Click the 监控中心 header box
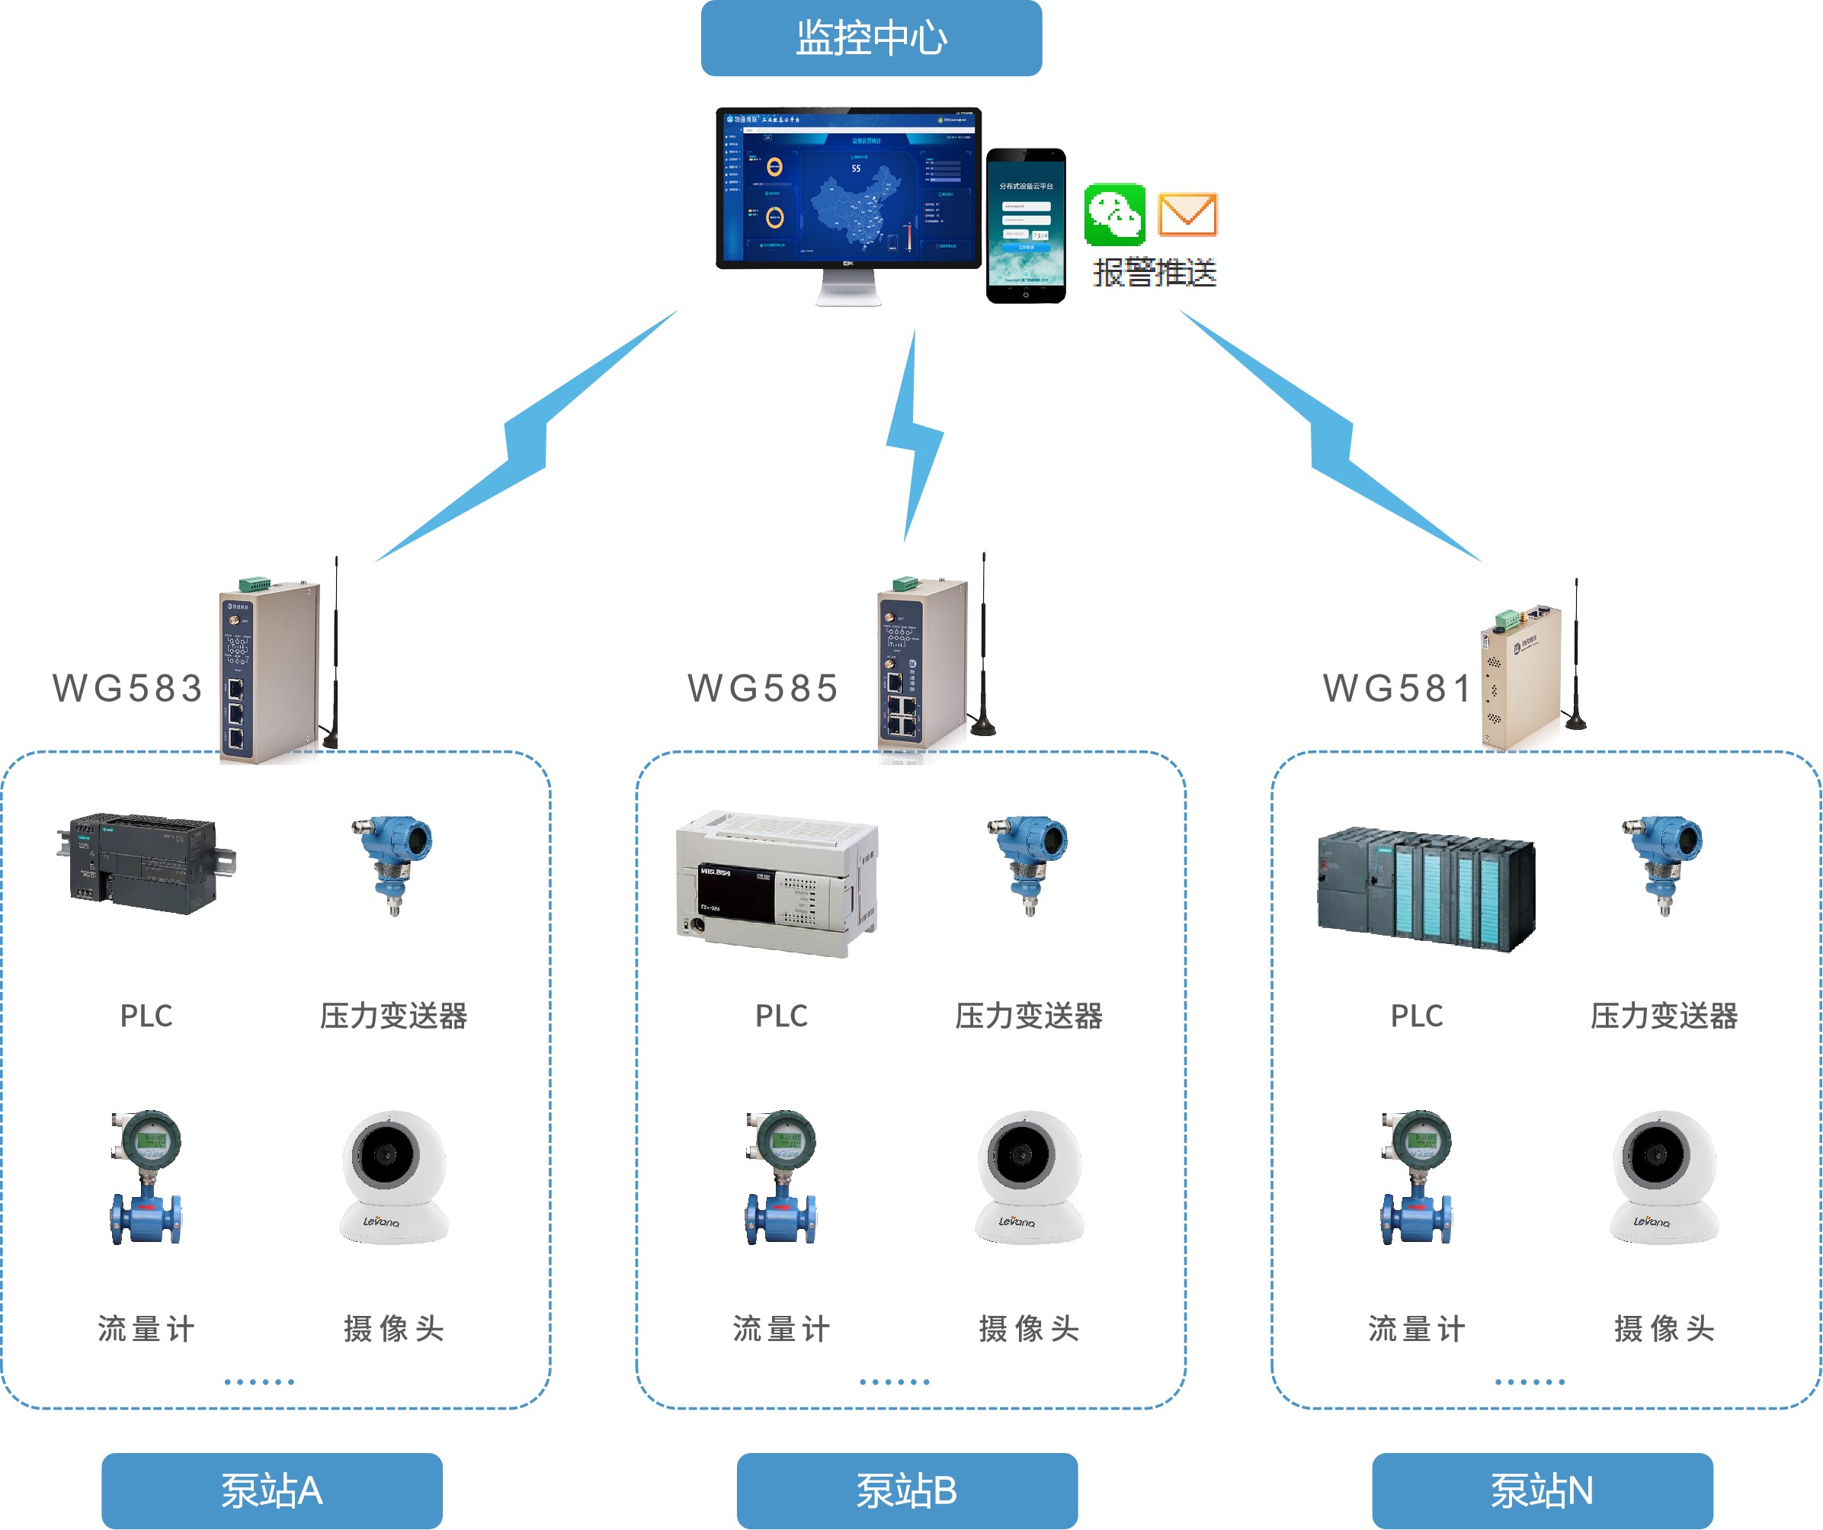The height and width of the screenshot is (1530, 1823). pyautogui.click(x=870, y=38)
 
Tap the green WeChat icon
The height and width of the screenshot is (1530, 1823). pyautogui.click(x=1115, y=214)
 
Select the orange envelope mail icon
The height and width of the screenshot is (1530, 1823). pyautogui.click(x=1187, y=214)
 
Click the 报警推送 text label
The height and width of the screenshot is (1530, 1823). pyautogui.click(x=1155, y=273)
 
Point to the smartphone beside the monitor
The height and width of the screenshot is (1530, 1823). pyautogui.click(x=1025, y=226)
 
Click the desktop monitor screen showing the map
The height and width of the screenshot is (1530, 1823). pyautogui.click(x=848, y=187)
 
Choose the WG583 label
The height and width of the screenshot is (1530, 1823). pyautogui.click(x=127, y=688)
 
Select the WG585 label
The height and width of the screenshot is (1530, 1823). pyautogui.click(x=763, y=688)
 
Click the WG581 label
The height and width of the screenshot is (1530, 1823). pyautogui.click(x=1398, y=688)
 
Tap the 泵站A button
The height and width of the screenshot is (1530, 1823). pyautogui.click(x=272, y=1491)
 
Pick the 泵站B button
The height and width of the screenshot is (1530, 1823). pyautogui.click(x=907, y=1491)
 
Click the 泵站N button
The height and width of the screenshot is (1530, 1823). pyautogui.click(x=1543, y=1491)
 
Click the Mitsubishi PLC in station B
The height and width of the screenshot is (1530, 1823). pyautogui.click(x=777, y=883)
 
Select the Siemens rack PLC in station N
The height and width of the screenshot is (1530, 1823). pyautogui.click(x=1426, y=888)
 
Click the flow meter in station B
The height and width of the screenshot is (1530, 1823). pyautogui.click(x=780, y=1178)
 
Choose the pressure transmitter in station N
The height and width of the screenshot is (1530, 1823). pyautogui.click(x=1663, y=863)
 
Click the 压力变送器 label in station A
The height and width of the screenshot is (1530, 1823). pyautogui.click(x=393, y=1016)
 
